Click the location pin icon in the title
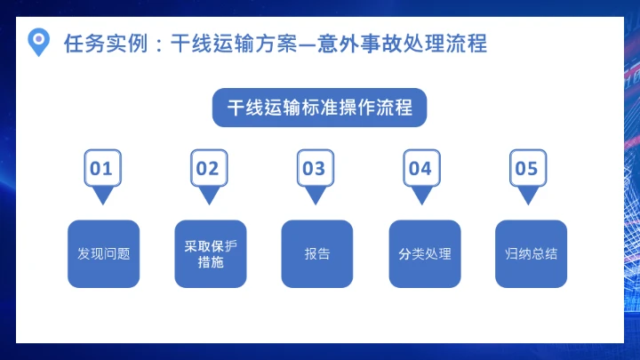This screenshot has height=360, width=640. tap(38, 41)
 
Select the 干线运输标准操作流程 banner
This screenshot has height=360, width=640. tap(319, 108)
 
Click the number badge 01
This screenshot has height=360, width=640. tap(101, 168)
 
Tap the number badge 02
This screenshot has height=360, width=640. tap(208, 168)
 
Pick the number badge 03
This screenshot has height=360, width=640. tap(315, 168)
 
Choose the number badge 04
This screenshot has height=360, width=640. tap(420, 168)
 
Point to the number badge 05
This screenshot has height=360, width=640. tap(527, 168)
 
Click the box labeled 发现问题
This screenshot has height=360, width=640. tap(104, 253)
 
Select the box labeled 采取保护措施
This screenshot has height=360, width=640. tap(211, 253)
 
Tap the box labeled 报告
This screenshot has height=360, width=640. tap(317, 253)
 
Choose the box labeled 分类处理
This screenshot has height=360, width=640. tap(425, 253)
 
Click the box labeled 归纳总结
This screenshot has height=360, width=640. tap(531, 253)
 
